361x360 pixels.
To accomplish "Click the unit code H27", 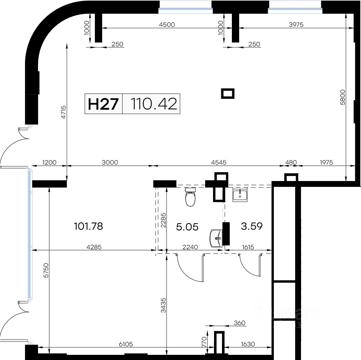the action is [x=103, y=104].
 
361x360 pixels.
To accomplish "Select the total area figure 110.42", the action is [x=154, y=104].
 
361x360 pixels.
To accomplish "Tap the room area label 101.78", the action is [x=88, y=226].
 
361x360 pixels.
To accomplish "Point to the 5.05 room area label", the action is [x=187, y=227].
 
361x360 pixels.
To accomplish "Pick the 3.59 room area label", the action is [x=252, y=226].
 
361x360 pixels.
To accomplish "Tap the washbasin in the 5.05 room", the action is [x=216, y=238].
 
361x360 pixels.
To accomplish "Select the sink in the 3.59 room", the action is [x=240, y=195].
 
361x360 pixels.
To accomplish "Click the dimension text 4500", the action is [x=167, y=24].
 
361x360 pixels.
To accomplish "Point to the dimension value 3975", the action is [x=296, y=24].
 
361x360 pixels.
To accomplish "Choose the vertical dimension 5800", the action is [x=343, y=97].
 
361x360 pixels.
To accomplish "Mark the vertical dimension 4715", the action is [x=64, y=112].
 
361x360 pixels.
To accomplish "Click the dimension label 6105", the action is [x=126, y=344].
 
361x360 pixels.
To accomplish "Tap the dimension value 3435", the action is [x=163, y=305].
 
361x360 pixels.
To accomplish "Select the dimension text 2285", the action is [x=163, y=220].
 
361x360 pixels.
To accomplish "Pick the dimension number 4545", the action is [x=219, y=162].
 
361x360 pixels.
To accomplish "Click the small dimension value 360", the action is [x=239, y=323].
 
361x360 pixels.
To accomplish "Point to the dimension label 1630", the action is [x=248, y=344].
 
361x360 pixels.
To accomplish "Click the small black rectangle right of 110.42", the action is [x=228, y=94].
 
